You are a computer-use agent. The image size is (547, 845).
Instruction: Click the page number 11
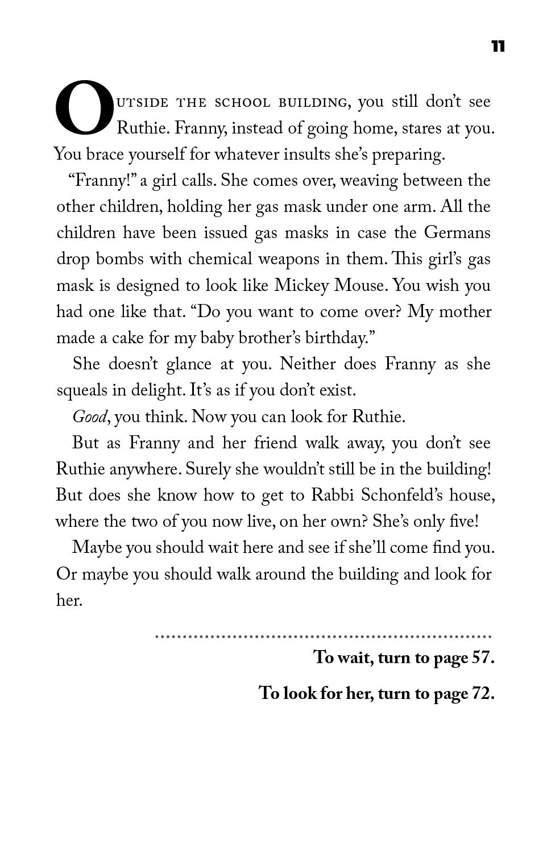click(498, 46)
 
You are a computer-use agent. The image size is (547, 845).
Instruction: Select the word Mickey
click(301, 285)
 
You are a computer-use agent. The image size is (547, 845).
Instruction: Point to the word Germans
click(457, 233)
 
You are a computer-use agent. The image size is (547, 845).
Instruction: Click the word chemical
click(221, 259)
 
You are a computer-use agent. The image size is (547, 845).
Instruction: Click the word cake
click(127, 338)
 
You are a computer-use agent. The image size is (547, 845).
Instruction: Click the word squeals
click(82, 391)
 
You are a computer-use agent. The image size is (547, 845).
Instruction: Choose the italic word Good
click(89, 417)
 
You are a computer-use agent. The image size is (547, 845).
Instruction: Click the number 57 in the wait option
click(481, 657)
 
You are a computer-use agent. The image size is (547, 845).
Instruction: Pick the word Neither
click(308, 364)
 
